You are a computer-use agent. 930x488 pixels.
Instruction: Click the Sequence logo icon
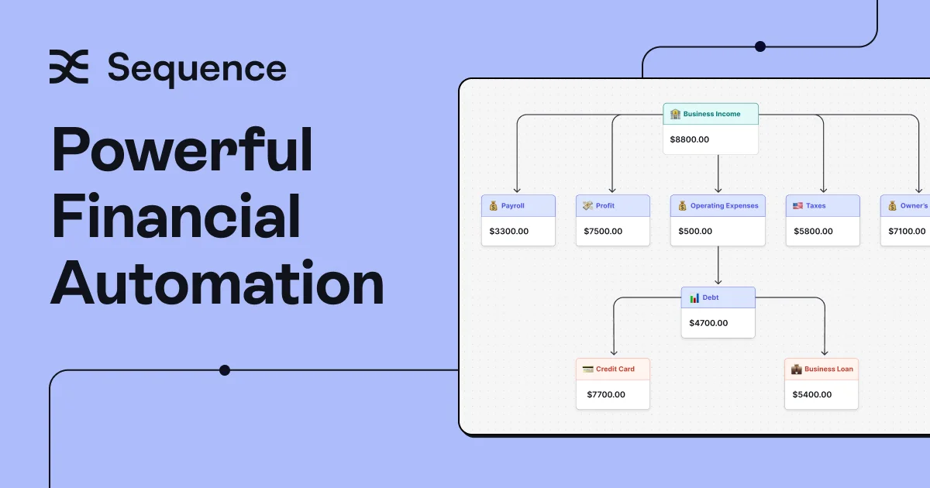[69, 67]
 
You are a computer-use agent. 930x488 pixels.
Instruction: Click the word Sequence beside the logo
[197, 69]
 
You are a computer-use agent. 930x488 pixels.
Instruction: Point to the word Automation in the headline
[218, 282]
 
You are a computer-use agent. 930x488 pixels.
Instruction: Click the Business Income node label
[711, 114]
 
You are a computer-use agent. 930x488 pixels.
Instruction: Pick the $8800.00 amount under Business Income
[689, 139]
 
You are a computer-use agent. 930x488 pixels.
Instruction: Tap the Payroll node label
[513, 206]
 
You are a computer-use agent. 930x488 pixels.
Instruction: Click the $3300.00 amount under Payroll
[508, 231]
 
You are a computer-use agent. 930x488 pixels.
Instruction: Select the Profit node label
[605, 206]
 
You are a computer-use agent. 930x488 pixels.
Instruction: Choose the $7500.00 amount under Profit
[603, 231]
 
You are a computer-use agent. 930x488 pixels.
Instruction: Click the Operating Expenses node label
[724, 206]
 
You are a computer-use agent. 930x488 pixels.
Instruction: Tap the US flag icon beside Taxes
[797, 206]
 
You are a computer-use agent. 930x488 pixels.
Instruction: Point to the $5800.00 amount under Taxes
[813, 231]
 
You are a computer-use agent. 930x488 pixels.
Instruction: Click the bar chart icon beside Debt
[694, 298]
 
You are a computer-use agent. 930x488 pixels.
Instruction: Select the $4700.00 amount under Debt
[708, 323]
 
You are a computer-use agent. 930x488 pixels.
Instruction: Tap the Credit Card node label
[615, 369]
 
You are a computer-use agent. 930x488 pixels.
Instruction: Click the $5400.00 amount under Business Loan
[811, 394]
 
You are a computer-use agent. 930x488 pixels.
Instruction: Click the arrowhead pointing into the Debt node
[718, 282]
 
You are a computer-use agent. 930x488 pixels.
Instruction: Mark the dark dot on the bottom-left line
[225, 370]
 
